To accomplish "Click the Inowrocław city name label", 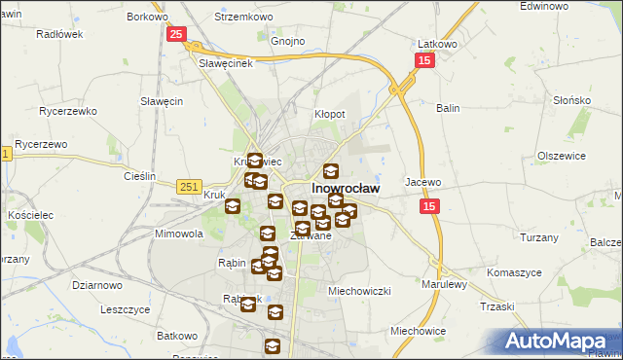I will [x=345, y=188].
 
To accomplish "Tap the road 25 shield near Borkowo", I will [x=175, y=35].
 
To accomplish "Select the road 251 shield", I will [x=190, y=185].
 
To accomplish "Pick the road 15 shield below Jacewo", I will [x=431, y=206].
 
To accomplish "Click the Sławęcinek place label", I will [x=226, y=63].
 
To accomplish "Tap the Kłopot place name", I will [x=329, y=114].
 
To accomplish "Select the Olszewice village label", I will [x=561, y=156].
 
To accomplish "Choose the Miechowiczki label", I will [x=359, y=290].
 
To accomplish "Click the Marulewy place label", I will [x=445, y=284].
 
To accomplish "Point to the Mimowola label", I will [x=178, y=234].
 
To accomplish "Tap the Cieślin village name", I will [x=140, y=176].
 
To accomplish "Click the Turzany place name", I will [x=538, y=237].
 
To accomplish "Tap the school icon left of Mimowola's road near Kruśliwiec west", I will [x=233, y=205].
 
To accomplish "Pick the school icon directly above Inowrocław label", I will [x=331, y=171].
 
